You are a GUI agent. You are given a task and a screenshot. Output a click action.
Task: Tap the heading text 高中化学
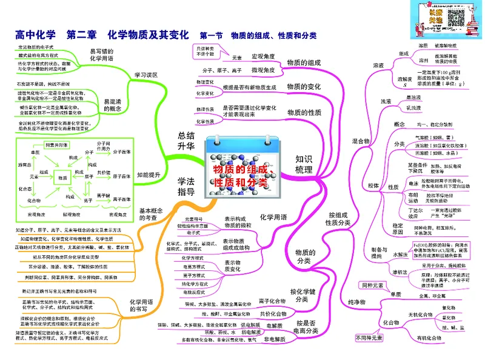tap(34, 35)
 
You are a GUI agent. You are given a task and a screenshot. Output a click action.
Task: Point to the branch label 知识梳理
tap(304, 164)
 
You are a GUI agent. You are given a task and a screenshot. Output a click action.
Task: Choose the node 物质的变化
tap(304, 87)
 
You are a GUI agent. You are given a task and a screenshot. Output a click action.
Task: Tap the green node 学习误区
tap(146, 75)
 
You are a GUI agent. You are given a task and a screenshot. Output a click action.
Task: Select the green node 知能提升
tap(149, 175)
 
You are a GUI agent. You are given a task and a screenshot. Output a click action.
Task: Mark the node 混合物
tap(361, 141)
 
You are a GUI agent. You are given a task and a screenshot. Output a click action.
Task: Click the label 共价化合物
tap(273, 313)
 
